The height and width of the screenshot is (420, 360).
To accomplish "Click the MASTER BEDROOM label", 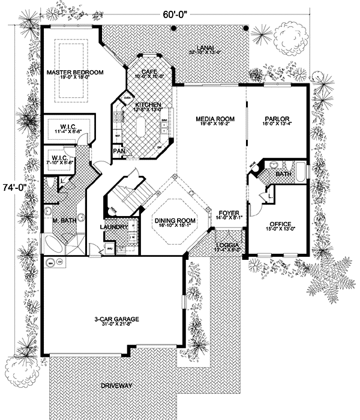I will (x=75, y=72).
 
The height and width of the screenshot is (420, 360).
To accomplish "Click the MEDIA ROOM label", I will (x=214, y=118).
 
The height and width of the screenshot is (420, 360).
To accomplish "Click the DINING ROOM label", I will (x=175, y=221).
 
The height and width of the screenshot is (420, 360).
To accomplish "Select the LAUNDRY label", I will (x=114, y=227).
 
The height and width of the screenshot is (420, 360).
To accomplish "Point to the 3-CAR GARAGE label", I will (x=117, y=319).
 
